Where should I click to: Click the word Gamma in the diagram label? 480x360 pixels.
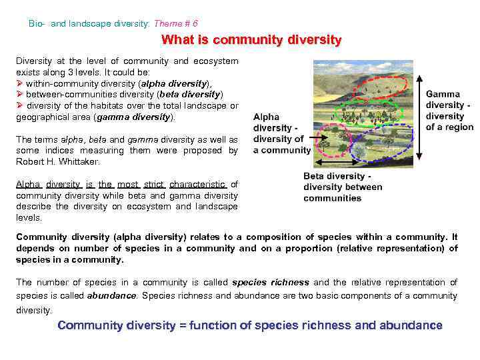coord(443,95)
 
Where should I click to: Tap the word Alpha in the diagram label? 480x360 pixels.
coord(266,117)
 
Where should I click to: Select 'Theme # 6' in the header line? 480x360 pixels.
coord(175,23)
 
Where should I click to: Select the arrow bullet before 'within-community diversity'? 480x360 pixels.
coord(20,83)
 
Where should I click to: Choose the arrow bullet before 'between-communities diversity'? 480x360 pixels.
coord(20,95)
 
